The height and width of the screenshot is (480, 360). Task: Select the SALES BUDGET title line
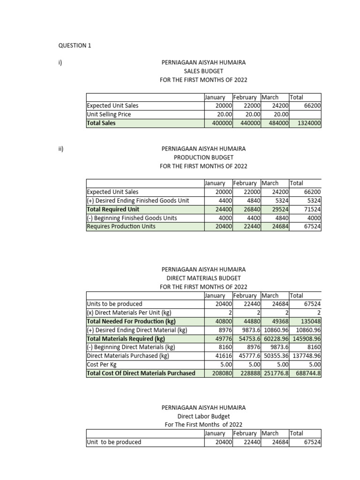(x=203, y=71)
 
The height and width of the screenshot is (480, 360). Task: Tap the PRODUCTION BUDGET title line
(x=203, y=157)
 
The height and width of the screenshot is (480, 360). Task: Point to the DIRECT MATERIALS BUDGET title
(x=203, y=278)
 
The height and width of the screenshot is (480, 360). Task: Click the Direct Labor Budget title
(x=203, y=416)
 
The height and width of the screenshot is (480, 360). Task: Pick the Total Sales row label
(x=101, y=123)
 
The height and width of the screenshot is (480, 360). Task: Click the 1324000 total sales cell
(x=306, y=123)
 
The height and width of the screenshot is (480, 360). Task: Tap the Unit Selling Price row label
(x=109, y=114)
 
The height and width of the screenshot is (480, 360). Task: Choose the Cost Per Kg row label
(x=101, y=365)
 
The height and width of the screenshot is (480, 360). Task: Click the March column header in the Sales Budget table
(x=270, y=97)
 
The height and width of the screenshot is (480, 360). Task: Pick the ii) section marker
(x=61, y=149)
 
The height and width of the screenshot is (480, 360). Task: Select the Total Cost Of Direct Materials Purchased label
(x=141, y=374)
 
